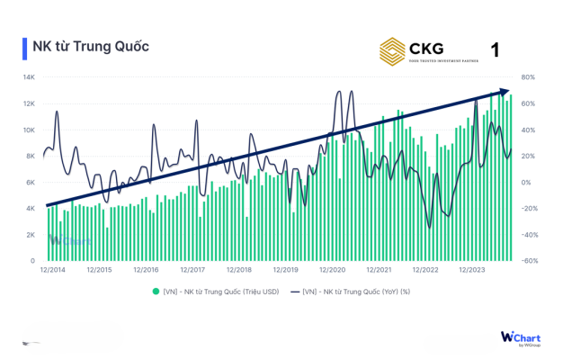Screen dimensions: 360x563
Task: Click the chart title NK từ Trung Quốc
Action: [90, 47]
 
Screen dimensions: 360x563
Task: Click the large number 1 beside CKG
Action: [495, 49]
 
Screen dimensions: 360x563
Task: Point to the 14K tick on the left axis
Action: [29, 77]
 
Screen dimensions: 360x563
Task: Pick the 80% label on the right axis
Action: [528, 77]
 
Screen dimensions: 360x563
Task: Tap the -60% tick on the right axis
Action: [530, 261]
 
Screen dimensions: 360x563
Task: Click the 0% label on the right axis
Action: [526, 183]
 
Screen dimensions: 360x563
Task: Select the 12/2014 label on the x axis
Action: [52, 269]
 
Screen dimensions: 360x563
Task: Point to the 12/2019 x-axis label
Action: [285, 269]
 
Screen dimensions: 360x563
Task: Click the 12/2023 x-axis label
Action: [472, 269]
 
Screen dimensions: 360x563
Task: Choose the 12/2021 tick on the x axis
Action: [379, 269]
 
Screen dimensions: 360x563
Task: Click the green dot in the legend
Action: [156, 291]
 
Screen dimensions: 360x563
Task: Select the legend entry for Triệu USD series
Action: [219, 291]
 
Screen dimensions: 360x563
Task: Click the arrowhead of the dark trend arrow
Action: [506, 91]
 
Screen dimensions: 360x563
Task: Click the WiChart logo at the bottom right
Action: [520, 337]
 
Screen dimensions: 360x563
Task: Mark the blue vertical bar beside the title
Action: [24, 47]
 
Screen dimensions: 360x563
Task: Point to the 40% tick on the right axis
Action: [528, 130]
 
